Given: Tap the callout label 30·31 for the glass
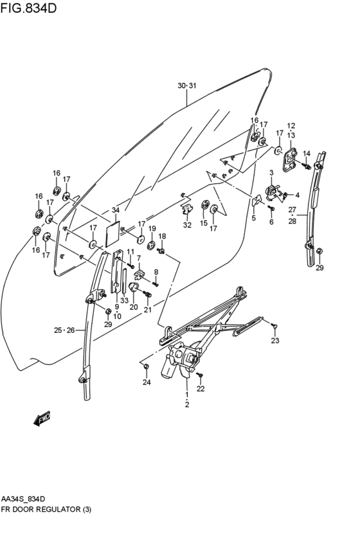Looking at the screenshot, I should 186,85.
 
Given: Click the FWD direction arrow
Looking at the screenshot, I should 42,419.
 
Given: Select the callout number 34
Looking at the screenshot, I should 115,211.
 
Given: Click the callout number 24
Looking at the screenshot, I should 147,382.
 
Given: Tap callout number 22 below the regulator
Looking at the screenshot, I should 201,389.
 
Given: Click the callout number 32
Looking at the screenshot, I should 187,224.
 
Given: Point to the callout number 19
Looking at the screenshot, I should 152,228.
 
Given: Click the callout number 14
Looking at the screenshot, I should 307,153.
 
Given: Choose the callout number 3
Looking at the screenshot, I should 271,172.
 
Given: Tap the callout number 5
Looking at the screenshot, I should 253,218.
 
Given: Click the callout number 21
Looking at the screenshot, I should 147,310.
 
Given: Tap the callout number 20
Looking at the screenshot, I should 134,307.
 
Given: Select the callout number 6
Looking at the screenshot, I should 271,222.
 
